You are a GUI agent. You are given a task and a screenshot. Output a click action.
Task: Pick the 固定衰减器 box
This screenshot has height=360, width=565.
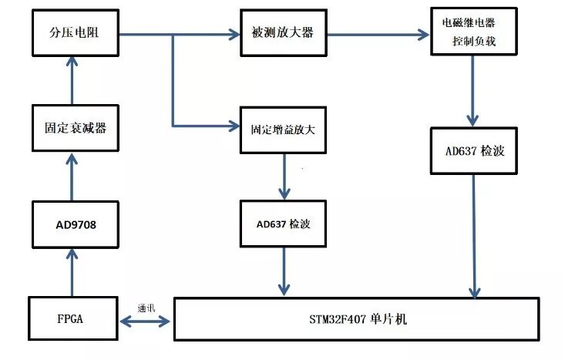pyautogui.click(x=74, y=128)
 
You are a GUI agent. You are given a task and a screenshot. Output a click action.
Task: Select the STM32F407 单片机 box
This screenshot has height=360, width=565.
pyautogui.click(x=355, y=318)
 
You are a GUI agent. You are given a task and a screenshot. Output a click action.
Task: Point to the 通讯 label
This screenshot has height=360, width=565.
pyautogui.click(x=146, y=306)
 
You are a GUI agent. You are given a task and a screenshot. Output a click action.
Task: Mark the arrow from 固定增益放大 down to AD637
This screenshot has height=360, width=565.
pyautogui.click(x=285, y=177)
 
